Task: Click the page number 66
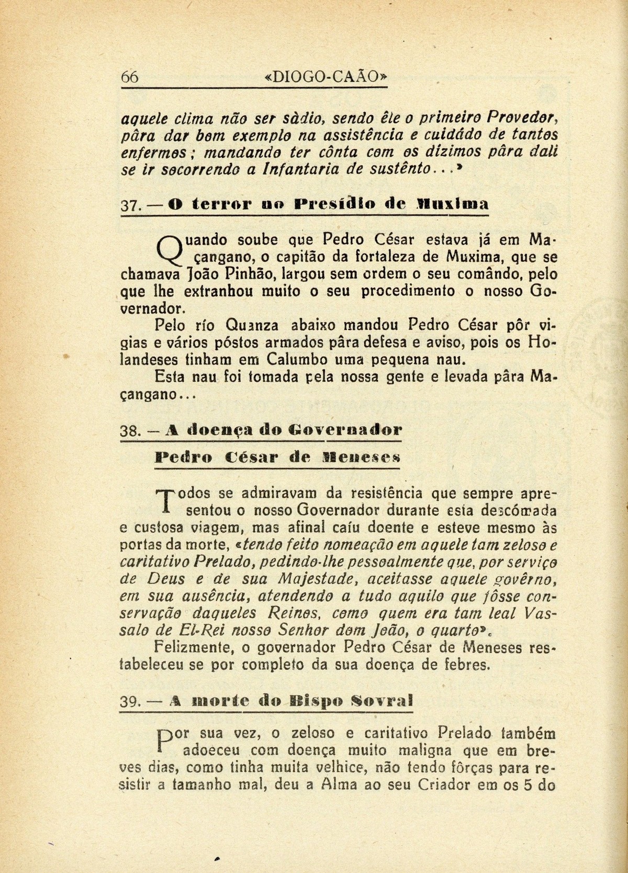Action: click(x=129, y=76)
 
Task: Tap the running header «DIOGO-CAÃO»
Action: click(x=327, y=76)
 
